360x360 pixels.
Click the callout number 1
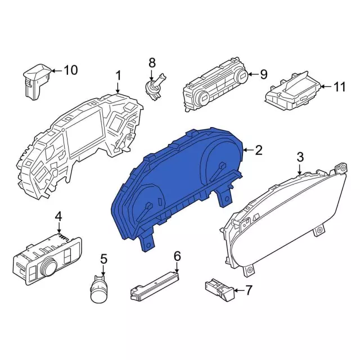click(x=118, y=75)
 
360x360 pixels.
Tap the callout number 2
click(x=258, y=150)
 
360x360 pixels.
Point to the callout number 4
click(x=58, y=217)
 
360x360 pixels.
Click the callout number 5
click(x=103, y=259)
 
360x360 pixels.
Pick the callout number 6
click(x=177, y=256)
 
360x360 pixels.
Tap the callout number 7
click(x=250, y=290)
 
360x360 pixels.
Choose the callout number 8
click(x=151, y=62)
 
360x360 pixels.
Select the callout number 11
click(x=339, y=87)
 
